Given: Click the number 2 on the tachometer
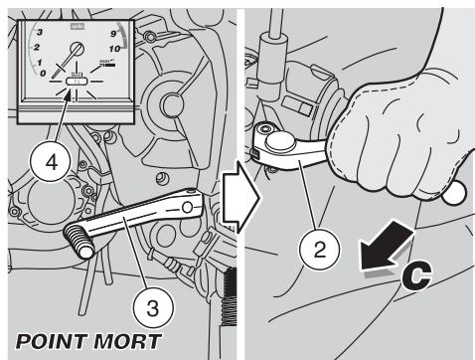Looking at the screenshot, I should pyautogui.click(x=34, y=47).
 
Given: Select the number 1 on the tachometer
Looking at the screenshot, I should pyautogui.click(x=37, y=62).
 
